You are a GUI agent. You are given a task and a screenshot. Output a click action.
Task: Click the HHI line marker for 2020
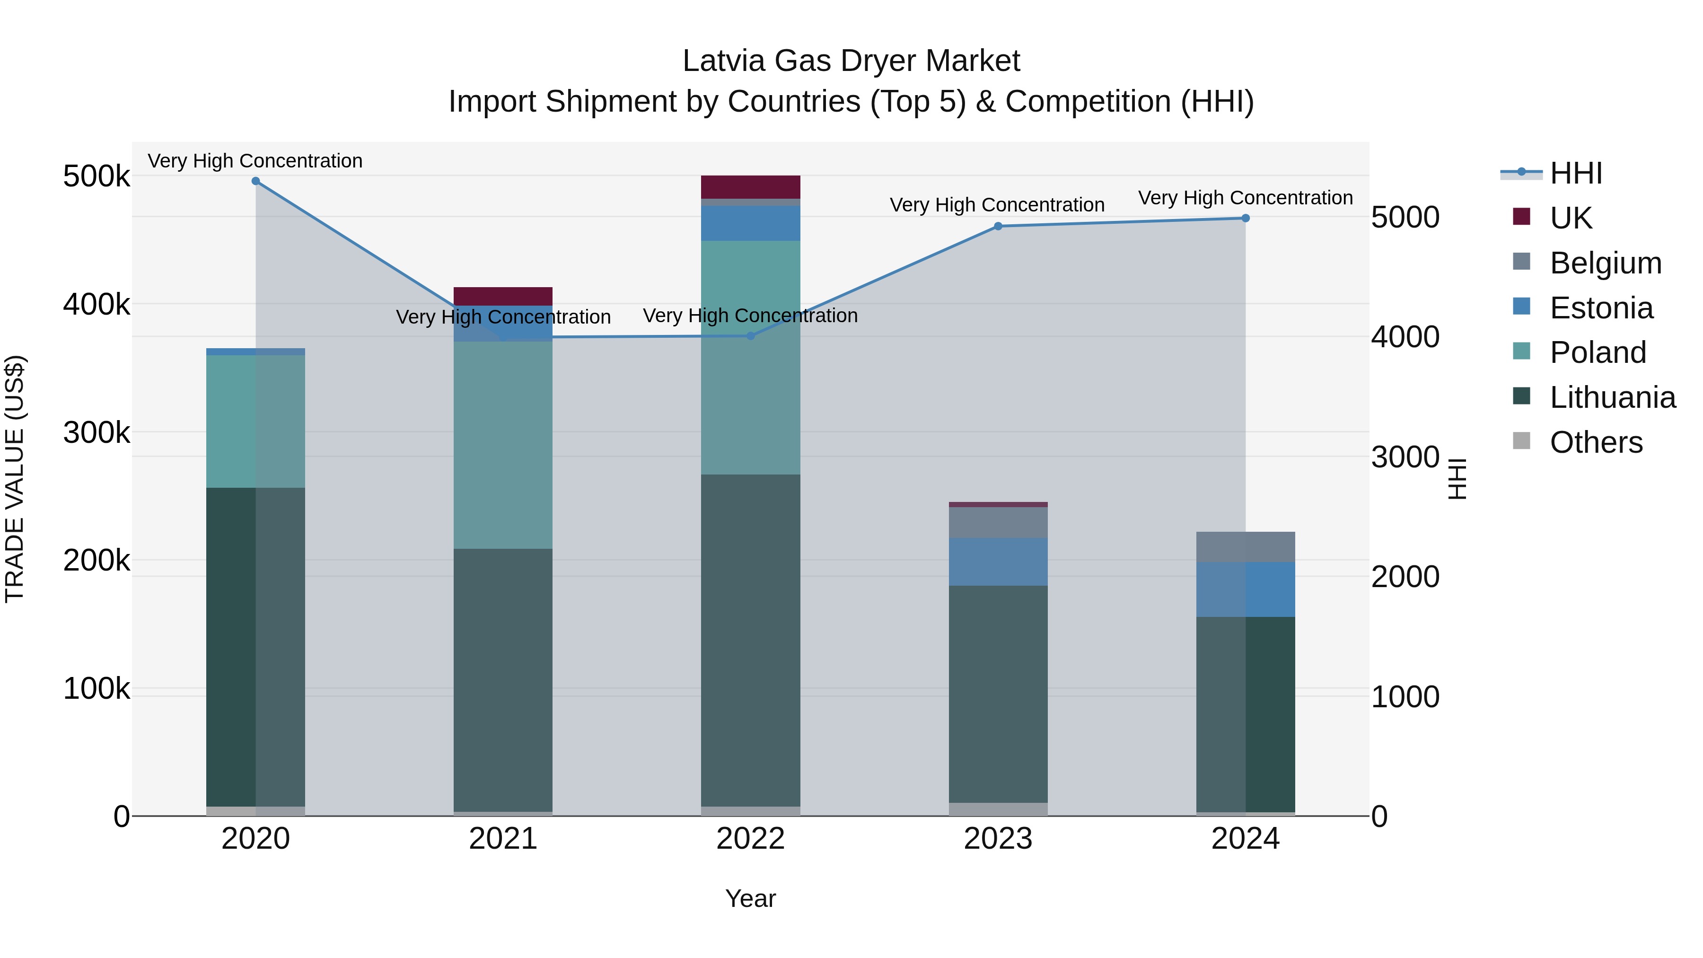tap(256, 181)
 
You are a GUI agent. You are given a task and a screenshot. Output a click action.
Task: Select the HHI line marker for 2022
tap(750, 336)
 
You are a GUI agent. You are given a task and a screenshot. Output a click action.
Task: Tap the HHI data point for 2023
tap(998, 226)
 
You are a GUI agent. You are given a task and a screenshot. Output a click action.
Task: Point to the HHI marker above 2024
tap(1246, 218)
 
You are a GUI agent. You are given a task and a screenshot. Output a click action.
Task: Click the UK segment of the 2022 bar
tap(750, 187)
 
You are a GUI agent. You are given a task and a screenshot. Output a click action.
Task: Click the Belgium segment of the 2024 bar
tap(1246, 547)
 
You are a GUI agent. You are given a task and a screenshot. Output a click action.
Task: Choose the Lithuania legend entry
tap(1612, 397)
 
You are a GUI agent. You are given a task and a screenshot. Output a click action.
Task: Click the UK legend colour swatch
tap(1521, 217)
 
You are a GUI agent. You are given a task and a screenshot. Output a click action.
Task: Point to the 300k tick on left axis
tap(97, 433)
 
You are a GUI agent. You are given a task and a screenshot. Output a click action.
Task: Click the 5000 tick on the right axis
tap(1405, 218)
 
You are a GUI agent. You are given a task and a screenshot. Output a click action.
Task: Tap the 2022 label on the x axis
tap(750, 839)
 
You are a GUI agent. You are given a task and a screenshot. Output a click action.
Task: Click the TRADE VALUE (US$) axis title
tap(15, 479)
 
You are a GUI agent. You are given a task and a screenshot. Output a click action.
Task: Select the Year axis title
tap(750, 898)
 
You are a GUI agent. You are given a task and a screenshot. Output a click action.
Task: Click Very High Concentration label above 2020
tap(255, 161)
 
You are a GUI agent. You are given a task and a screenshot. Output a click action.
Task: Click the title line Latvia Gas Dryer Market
tap(851, 61)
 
